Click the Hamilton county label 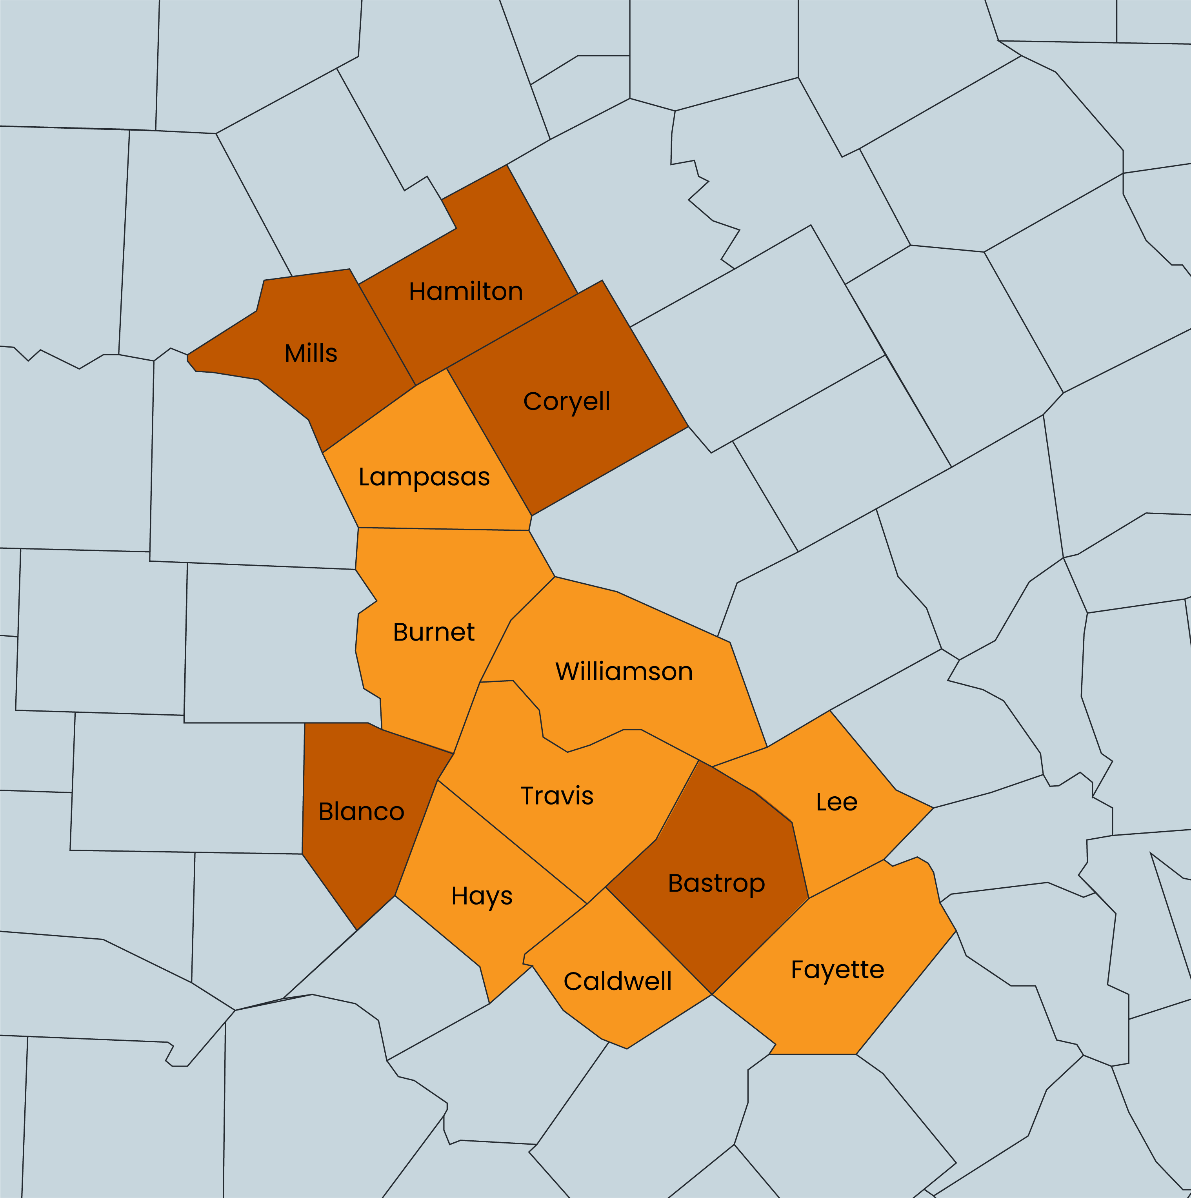[465, 291]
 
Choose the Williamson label [624, 672]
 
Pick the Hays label [482, 896]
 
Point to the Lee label [836, 802]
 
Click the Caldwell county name [618, 981]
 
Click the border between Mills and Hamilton [387, 335]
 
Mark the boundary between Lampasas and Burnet [443, 529]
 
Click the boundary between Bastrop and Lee [800, 859]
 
